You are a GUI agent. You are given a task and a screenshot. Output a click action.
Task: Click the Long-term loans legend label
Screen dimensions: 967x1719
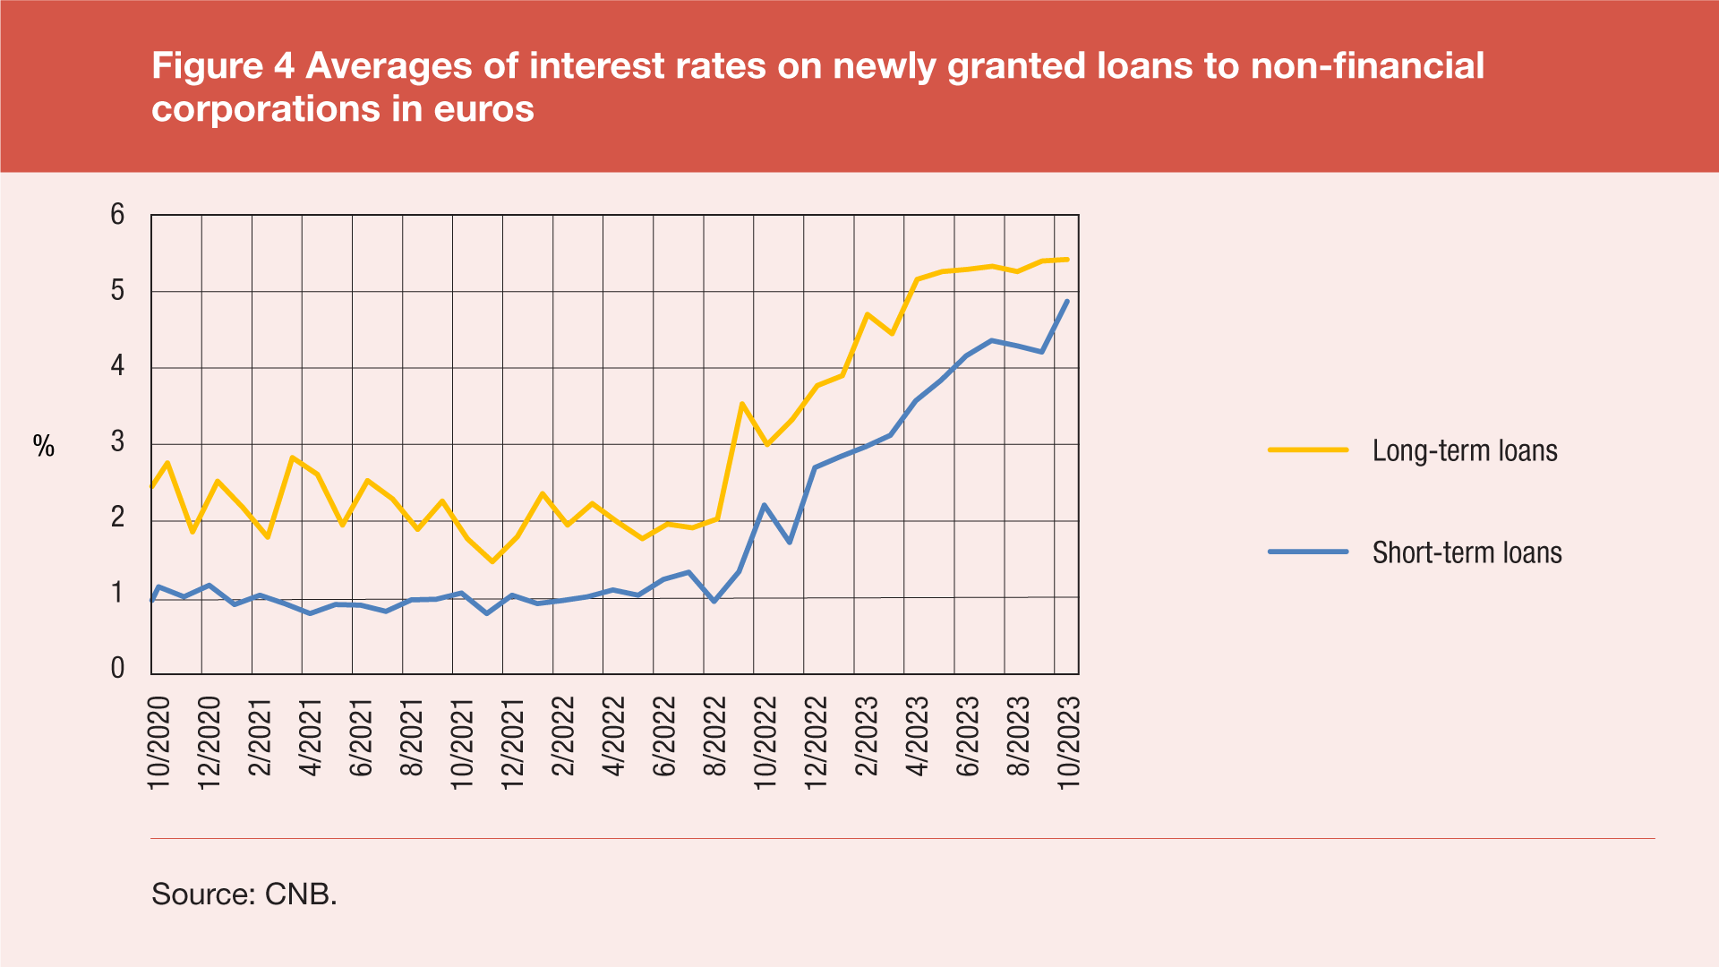[1465, 450]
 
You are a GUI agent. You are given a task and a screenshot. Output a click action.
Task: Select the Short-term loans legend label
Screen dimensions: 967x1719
[1467, 552]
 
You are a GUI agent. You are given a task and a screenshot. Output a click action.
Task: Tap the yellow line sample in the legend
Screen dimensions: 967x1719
[1308, 449]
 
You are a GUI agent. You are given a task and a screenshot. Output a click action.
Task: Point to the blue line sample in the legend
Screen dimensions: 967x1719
[1308, 552]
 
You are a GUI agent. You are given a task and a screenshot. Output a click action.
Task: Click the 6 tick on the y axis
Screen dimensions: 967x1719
[117, 215]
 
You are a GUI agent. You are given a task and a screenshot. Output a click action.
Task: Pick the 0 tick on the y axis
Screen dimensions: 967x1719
[117, 668]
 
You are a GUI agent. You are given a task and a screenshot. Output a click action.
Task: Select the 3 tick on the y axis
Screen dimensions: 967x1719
[117, 442]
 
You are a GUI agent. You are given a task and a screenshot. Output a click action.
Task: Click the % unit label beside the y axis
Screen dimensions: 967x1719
[44, 446]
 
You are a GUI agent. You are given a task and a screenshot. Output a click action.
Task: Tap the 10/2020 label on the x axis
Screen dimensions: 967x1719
[158, 742]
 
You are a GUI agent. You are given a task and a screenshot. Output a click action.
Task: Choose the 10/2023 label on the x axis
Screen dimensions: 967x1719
[1069, 742]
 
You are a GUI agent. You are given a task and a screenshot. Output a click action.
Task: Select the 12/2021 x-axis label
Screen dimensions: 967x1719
[512, 742]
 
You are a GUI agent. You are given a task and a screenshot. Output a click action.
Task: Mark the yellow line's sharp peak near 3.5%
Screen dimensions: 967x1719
[742, 404]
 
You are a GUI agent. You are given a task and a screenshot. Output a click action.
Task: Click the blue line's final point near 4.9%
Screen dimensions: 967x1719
[1067, 301]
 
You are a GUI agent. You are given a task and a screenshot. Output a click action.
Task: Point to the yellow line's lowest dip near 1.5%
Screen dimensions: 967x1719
[492, 561]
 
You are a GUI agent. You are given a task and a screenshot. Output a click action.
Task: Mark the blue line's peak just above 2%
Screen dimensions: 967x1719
[764, 505]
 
